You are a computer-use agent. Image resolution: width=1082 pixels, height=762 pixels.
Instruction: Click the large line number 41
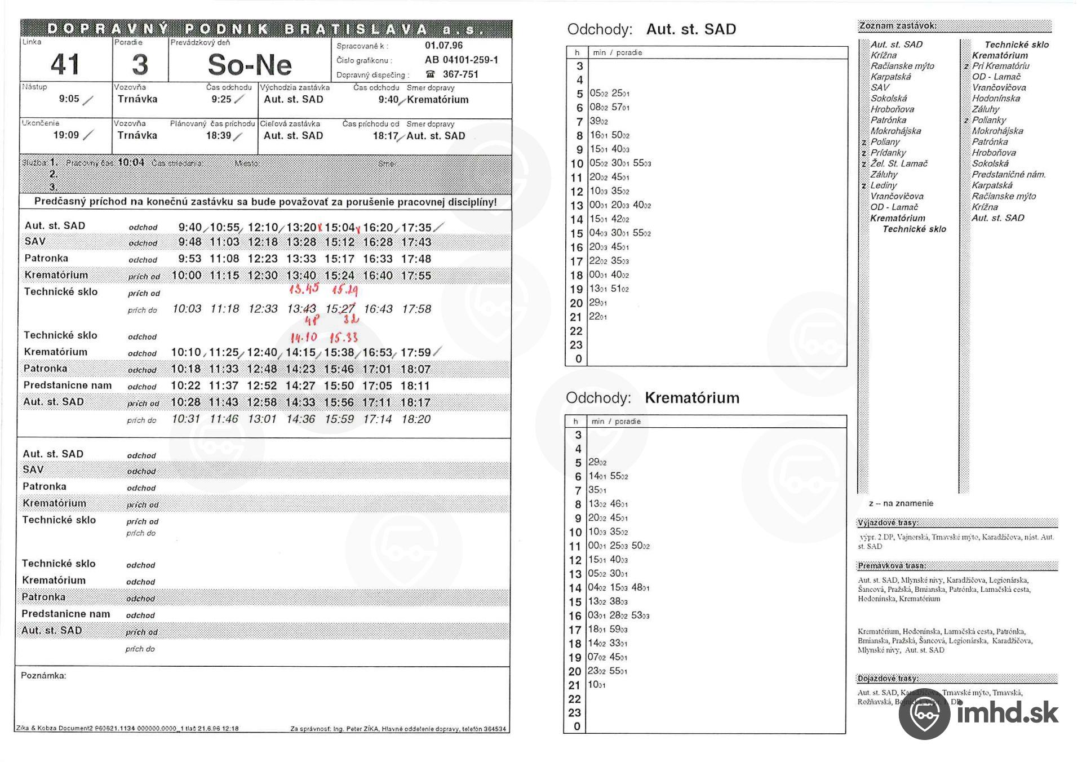click(65, 64)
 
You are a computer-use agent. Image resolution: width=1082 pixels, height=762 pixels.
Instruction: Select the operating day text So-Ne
click(250, 65)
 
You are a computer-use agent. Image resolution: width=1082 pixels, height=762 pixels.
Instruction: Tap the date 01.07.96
click(444, 46)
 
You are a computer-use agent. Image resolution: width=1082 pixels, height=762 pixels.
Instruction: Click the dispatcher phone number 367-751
click(460, 74)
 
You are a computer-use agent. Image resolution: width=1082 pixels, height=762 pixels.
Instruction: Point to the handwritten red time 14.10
click(303, 338)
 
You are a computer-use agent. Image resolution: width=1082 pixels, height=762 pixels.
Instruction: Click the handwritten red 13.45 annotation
click(304, 289)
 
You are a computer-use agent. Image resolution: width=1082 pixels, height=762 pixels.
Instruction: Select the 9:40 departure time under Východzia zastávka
click(388, 100)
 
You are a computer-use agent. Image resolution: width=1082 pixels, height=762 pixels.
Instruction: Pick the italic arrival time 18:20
click(416, 419)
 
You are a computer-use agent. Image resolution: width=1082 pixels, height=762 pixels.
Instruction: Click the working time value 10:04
click(131, 163)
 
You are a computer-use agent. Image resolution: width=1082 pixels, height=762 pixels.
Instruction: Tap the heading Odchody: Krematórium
click(652, 398)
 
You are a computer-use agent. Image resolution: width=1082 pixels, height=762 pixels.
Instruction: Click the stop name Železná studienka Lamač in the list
click(899, 163)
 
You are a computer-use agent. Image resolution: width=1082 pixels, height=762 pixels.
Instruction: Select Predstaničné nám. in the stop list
click(1008, 175)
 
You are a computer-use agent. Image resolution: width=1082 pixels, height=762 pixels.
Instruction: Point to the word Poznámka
click(43, 675)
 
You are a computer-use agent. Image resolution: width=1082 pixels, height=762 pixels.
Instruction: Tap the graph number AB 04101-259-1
click(461, 60)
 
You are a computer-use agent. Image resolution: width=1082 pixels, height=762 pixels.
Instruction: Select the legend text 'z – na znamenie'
click(901, 503)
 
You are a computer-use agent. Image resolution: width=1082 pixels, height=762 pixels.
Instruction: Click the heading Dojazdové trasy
click(888, 679)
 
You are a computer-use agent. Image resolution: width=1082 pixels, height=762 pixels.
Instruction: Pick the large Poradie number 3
click(140, 64)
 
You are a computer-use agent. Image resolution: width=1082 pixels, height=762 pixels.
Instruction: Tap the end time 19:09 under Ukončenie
click(66, 135)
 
